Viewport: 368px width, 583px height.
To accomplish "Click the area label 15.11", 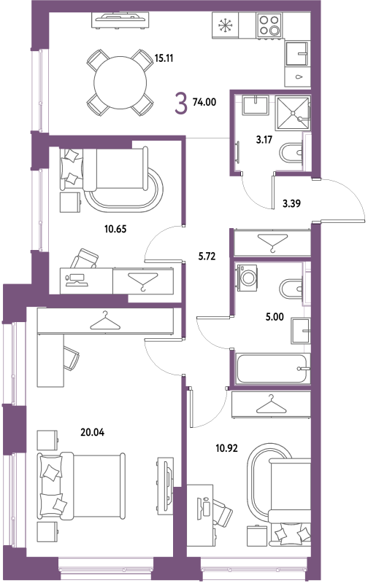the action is click(x=164, y=58).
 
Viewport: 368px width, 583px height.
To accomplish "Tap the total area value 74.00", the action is click(x=204, y=101).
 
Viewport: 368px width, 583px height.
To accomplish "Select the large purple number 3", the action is click(x=181, y=103).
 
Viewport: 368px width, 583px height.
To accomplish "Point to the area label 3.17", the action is click(x=264, y=140).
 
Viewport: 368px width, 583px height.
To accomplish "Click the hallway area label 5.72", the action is click(x=207, y=257).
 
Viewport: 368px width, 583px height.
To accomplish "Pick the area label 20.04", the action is click(x=93, y=432).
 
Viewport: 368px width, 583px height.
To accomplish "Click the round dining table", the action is click(x=120, y=82).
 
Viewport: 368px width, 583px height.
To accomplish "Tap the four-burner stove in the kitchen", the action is click(x=269, y=25).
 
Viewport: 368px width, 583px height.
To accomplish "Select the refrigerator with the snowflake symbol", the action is click(x=226, y=25).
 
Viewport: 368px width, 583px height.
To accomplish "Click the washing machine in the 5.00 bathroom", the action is click(x=247, y=275).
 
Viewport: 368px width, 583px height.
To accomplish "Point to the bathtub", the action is click(x=272, y=369).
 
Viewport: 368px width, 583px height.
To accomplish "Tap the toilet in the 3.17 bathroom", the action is click(x=291, y=153).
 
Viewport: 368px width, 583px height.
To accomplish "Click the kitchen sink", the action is click(x=297, y=54).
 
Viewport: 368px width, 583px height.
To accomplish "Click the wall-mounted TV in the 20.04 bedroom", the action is click(x=165, y=486).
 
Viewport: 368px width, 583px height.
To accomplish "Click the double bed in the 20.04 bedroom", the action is click(x=81, y=486).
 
